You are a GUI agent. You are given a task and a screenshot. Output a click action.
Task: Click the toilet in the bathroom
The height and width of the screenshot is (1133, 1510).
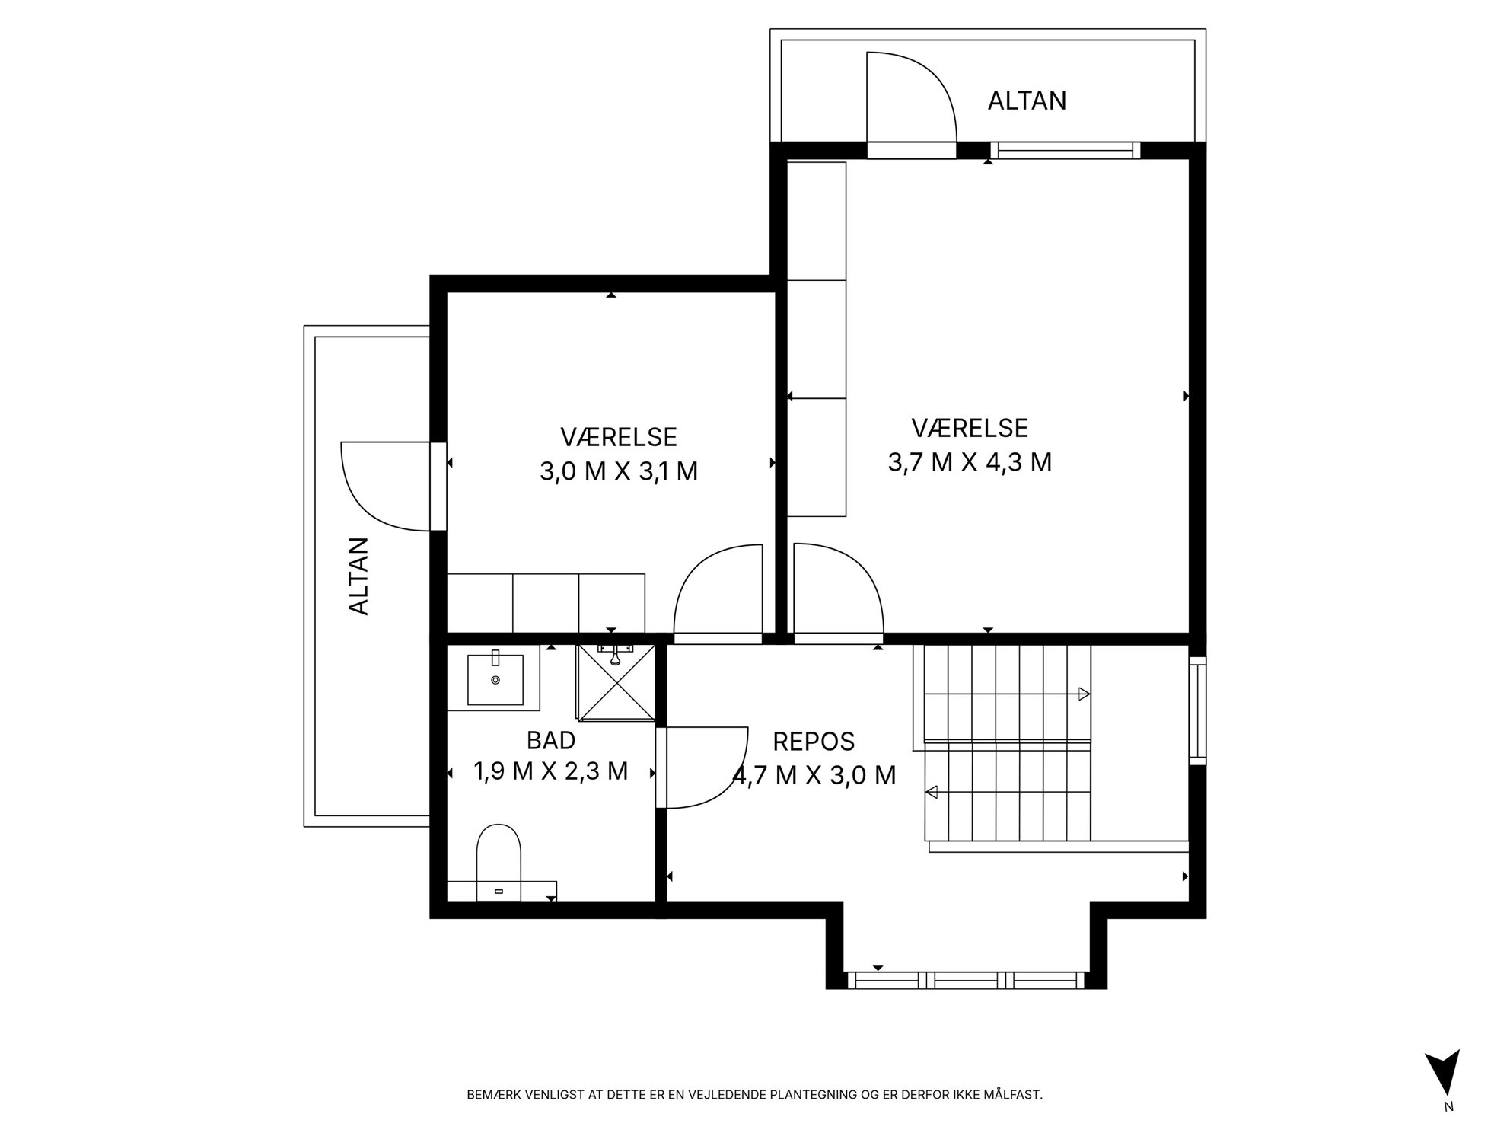(499, 861)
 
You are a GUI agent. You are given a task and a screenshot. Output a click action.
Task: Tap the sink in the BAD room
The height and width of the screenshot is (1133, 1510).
(495, 678)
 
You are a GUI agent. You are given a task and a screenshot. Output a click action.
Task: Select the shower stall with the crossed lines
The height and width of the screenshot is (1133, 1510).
(616, 682)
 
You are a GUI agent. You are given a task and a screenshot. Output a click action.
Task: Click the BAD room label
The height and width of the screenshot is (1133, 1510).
(550, 740)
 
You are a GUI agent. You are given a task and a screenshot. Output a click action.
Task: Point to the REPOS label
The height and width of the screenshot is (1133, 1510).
(814, 741)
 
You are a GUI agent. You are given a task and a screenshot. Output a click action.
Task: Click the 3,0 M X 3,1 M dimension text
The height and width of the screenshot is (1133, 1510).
(619, 472)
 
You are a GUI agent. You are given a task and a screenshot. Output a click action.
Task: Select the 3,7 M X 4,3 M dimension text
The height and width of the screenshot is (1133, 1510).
(970, 462)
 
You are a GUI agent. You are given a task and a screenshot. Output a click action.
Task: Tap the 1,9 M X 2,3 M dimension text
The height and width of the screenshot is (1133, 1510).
(551, 771)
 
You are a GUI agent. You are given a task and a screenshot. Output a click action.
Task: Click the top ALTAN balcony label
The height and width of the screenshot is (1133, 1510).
(1027, 101)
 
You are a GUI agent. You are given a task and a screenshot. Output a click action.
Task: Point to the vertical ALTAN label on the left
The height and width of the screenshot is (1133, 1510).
(358, 576)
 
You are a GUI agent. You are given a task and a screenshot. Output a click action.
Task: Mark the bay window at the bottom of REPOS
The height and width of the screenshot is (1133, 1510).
(966, 980)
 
